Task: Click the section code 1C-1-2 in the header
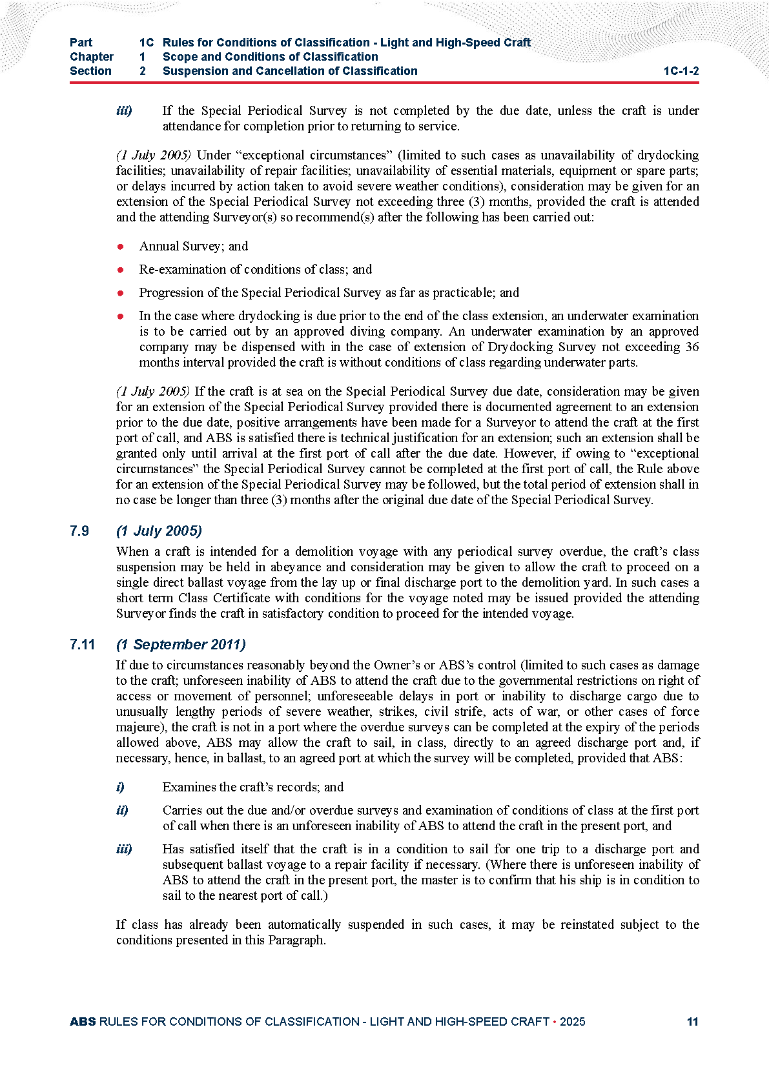(x=681, y=71)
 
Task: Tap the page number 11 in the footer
(x=692, y=1021)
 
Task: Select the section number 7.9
(x=79, y=531)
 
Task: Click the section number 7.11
(x=82, y=644)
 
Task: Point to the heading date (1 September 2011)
(x=181, y=644)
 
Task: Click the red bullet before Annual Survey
(x=120, y=247)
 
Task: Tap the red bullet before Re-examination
(x=120, y=270)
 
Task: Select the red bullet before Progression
(x=120, y=293)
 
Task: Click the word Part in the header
(x=81, y=43)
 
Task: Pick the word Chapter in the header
(x=92, y=57)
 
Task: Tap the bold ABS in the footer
(x=83, y=1021)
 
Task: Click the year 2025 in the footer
(x=572, y=1021)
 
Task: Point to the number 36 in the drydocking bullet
(x=692, y=347)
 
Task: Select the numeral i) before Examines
(x=120, y=787)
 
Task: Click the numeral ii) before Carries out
(x=122, y=810)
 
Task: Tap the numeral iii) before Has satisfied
(x=124, y=849)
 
